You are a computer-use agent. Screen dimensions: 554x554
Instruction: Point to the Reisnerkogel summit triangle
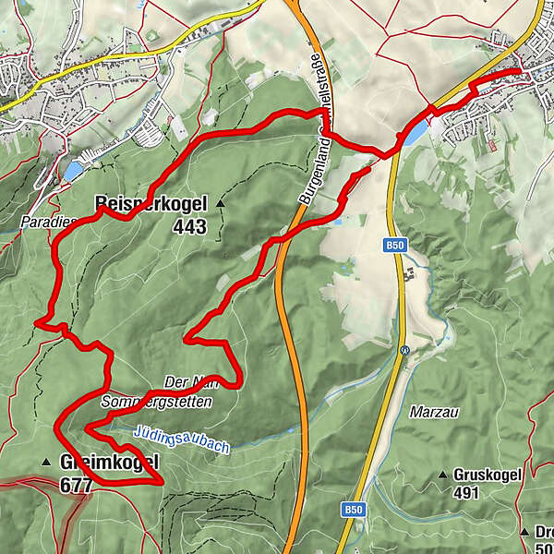click(x=220, y=202)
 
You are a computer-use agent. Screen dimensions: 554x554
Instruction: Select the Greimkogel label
click(x=109, y=462)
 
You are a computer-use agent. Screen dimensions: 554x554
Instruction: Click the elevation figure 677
click(x=76, y=483)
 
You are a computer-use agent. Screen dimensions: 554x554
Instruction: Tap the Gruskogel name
click(x=488, y=476)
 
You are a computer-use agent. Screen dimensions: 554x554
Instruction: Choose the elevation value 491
click(x=467, y=492)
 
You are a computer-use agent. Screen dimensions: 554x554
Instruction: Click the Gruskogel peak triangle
click(x=443, y=476)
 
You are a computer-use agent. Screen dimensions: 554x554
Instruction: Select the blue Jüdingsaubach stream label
click(x=181, y=438)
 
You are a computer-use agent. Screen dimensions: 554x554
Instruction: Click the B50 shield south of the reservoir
click(x=396, y=245)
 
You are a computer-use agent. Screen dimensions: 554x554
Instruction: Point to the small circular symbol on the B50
click(x=404, y=350)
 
